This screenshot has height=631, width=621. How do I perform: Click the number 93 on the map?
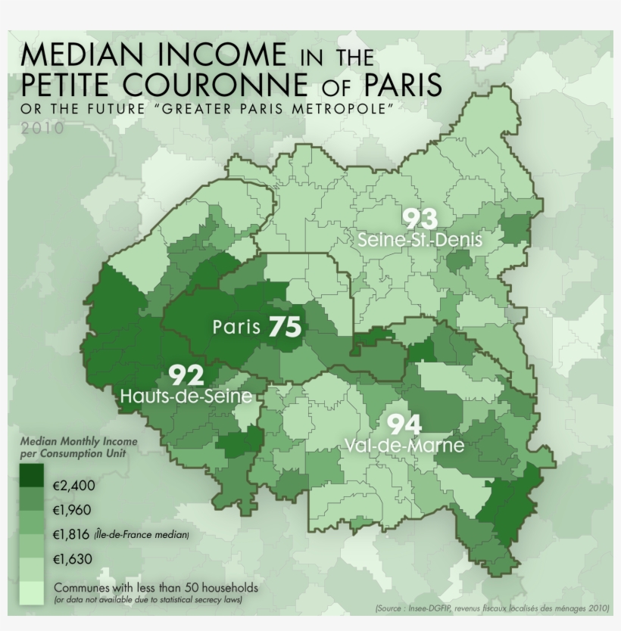pos(420,219)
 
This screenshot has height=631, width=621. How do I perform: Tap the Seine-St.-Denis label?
pos(420,240)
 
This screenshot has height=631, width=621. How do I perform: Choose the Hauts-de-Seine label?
pos(186,396)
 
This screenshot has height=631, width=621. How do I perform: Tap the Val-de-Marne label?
pos(404,446)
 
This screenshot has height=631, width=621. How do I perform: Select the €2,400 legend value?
pos(73,486)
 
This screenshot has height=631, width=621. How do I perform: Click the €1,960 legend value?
pos(73,510)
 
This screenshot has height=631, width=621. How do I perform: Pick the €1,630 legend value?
pos(73,560)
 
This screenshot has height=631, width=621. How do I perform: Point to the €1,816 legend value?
pos(73,535)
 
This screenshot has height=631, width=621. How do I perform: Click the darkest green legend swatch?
pos(32,475)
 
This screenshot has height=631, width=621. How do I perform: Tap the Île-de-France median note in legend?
pos(142,536)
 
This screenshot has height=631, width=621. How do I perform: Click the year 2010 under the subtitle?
pos(43,128)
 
